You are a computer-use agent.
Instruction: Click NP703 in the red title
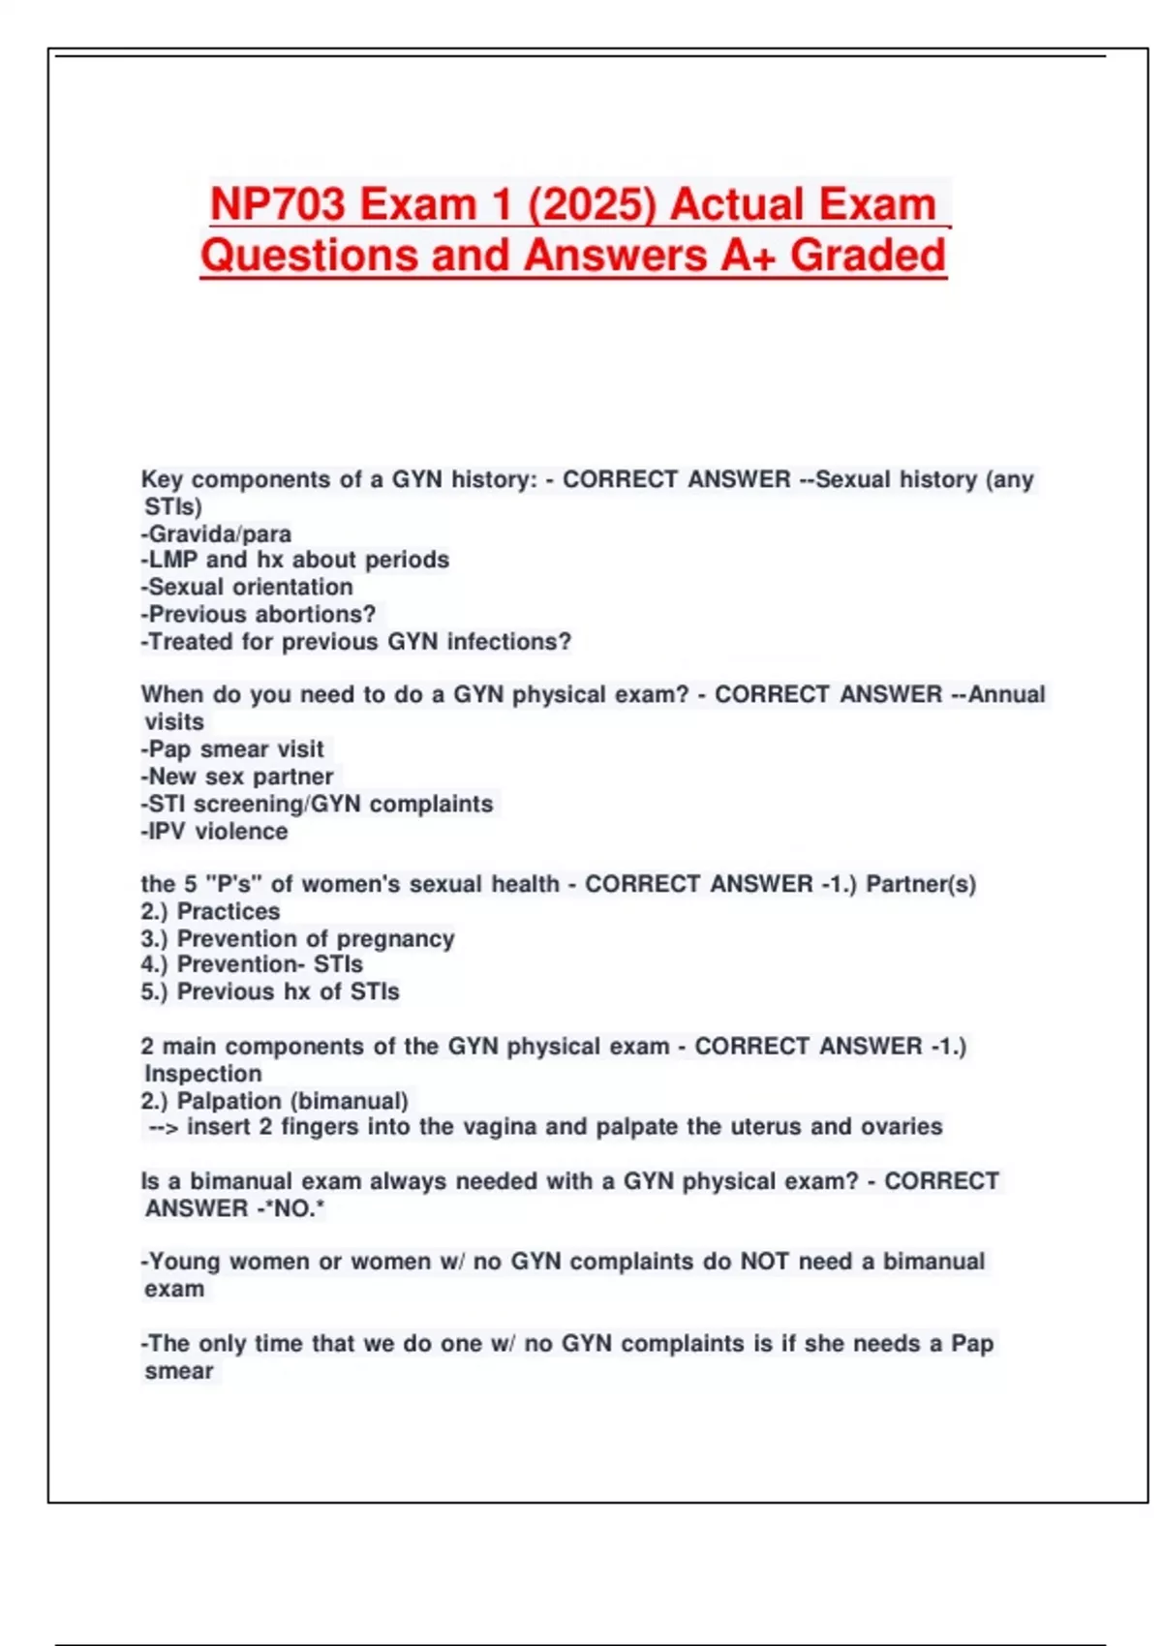277,204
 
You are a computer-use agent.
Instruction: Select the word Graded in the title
868,256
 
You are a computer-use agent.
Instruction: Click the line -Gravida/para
216,533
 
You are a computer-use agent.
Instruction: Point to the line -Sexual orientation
247,587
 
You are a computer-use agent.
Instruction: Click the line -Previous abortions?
259,614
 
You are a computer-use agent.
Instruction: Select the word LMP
173,560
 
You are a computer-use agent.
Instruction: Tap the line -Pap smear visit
232,748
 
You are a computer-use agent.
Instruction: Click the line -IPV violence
214,831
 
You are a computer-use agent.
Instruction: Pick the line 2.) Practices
210,911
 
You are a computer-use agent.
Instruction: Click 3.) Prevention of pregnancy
297,938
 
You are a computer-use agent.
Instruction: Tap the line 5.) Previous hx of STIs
270,991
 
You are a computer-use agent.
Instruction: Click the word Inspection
203,1074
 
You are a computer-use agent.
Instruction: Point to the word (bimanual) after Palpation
350,1101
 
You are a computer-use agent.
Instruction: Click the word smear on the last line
179,1371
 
